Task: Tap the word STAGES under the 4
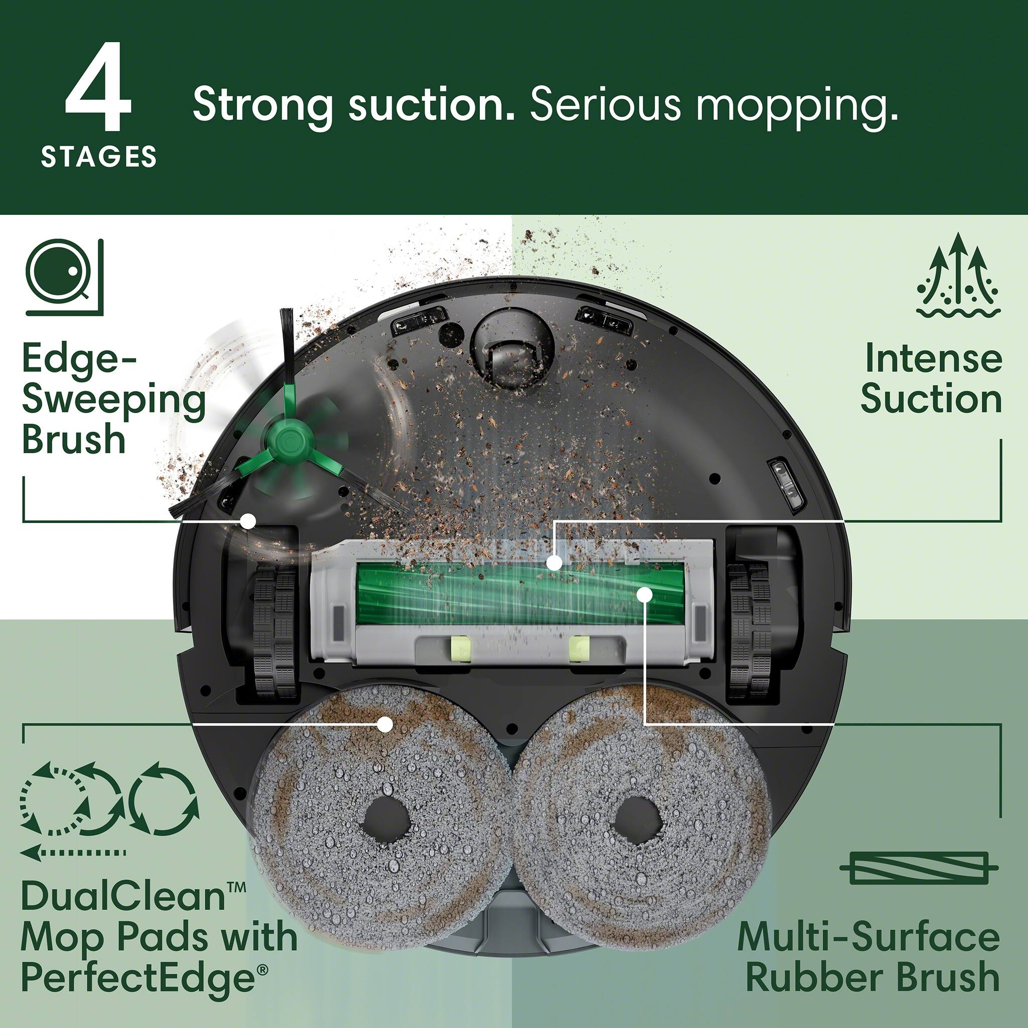tap(99, 158)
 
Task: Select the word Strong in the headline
tap(263, 105)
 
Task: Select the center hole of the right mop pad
tap(636, 822)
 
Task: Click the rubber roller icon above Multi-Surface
tap(919, 868)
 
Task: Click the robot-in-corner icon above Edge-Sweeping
tap(64, 277)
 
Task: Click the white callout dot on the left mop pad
tap(384, 724)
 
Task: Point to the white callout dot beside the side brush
tap(247, 521)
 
